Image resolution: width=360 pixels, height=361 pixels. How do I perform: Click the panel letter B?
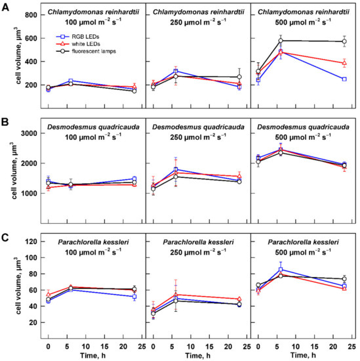6,122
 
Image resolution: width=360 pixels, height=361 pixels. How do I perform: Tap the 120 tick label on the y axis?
29,241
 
